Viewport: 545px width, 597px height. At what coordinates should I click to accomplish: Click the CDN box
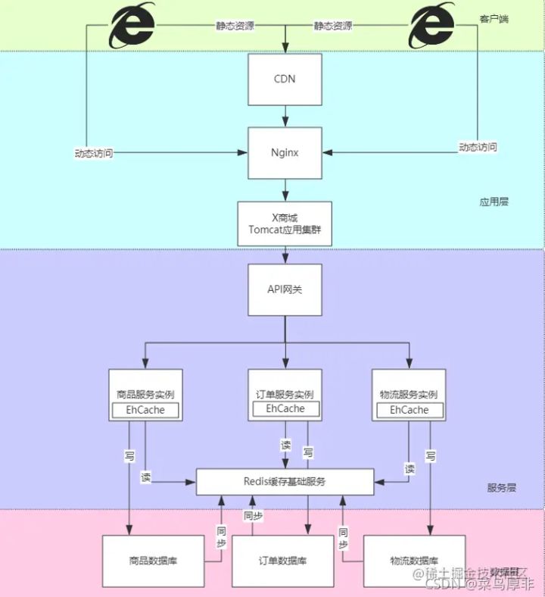pyautogui.click(x=285, y=79)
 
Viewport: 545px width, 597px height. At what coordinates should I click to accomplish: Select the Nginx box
pyautogui.click(x=285, y=152)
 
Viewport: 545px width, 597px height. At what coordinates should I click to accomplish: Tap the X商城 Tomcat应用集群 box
pyautogui.click(x=285, y=223)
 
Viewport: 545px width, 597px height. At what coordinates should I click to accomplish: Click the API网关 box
pyautogui.click(x=285, y=289)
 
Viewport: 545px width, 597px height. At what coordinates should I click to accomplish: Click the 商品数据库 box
pyautogui.click(x=154, y=561)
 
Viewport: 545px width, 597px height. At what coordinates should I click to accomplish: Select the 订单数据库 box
pyautogui.click(x=282, y=561)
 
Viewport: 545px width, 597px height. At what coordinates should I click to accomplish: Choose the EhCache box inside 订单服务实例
pyautogui.click(x=285, y=409)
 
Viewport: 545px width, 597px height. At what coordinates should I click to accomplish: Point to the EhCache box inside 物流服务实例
pyautogui.click(x=410, y=410)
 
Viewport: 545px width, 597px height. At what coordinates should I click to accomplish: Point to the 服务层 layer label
pyautogui.click(x=501, y=488)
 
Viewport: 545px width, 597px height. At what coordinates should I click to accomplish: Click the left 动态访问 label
pyautogui.click(x=94, y=152)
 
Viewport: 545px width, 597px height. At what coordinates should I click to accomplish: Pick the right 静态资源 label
pyautogui.click(x=333, y=25)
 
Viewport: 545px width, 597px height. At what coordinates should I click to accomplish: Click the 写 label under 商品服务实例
pyautogui.click(x=130, y=456)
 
